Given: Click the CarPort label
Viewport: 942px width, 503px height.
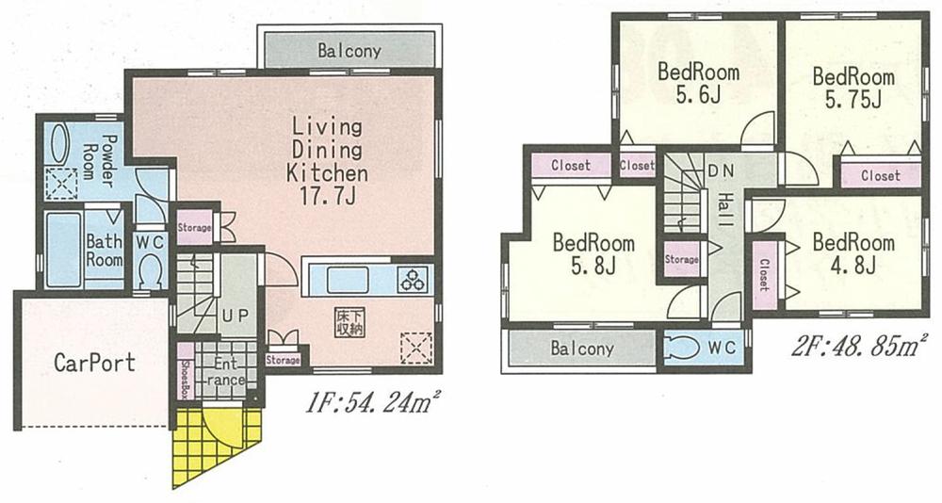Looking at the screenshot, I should point(94,362).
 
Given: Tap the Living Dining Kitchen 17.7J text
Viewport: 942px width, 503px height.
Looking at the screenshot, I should point(327,162).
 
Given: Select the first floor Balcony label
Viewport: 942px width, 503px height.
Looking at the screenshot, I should point(349,51).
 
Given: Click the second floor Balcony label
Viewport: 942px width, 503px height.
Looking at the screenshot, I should point(581,349).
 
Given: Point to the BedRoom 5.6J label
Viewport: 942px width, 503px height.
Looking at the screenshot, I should point(698,83).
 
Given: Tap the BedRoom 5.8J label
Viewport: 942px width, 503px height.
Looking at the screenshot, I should point(593,254).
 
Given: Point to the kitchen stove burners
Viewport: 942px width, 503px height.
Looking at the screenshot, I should point(413,280).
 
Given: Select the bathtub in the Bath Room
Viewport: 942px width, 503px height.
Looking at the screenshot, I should point(64,251).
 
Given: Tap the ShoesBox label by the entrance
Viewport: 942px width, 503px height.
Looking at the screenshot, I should point(185,372).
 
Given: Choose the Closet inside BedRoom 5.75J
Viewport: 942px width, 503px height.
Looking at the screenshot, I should point(880,175).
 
